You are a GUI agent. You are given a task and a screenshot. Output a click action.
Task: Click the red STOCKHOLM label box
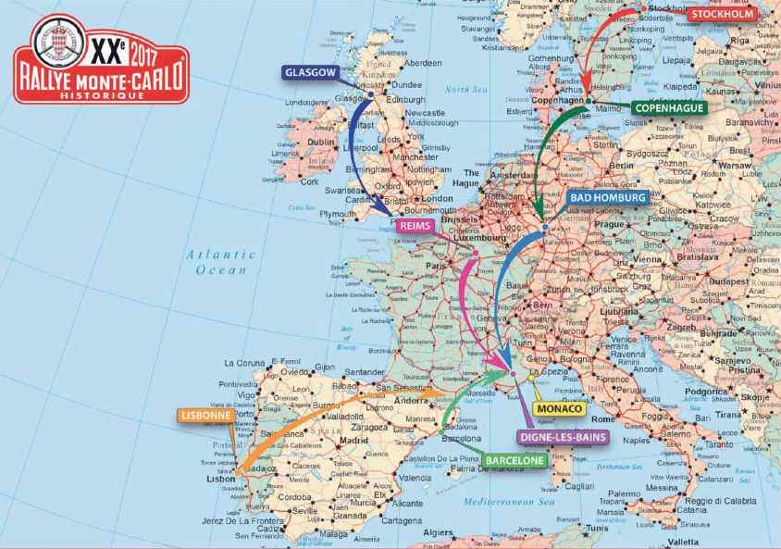click(722, 13)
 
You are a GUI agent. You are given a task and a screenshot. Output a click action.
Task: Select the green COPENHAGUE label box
click(669, 108)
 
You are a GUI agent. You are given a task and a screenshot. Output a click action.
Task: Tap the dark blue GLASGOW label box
click(311, 71)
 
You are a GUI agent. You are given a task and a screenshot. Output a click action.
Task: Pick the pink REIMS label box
click(418, 225)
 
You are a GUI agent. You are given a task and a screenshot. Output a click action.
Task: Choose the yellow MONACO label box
click(559, 408)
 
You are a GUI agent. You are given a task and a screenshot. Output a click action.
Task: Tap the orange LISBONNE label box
click(204, 417)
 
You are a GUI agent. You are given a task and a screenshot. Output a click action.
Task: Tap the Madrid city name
click(353, 441)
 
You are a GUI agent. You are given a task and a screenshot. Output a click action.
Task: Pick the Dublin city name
click(320, 143)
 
